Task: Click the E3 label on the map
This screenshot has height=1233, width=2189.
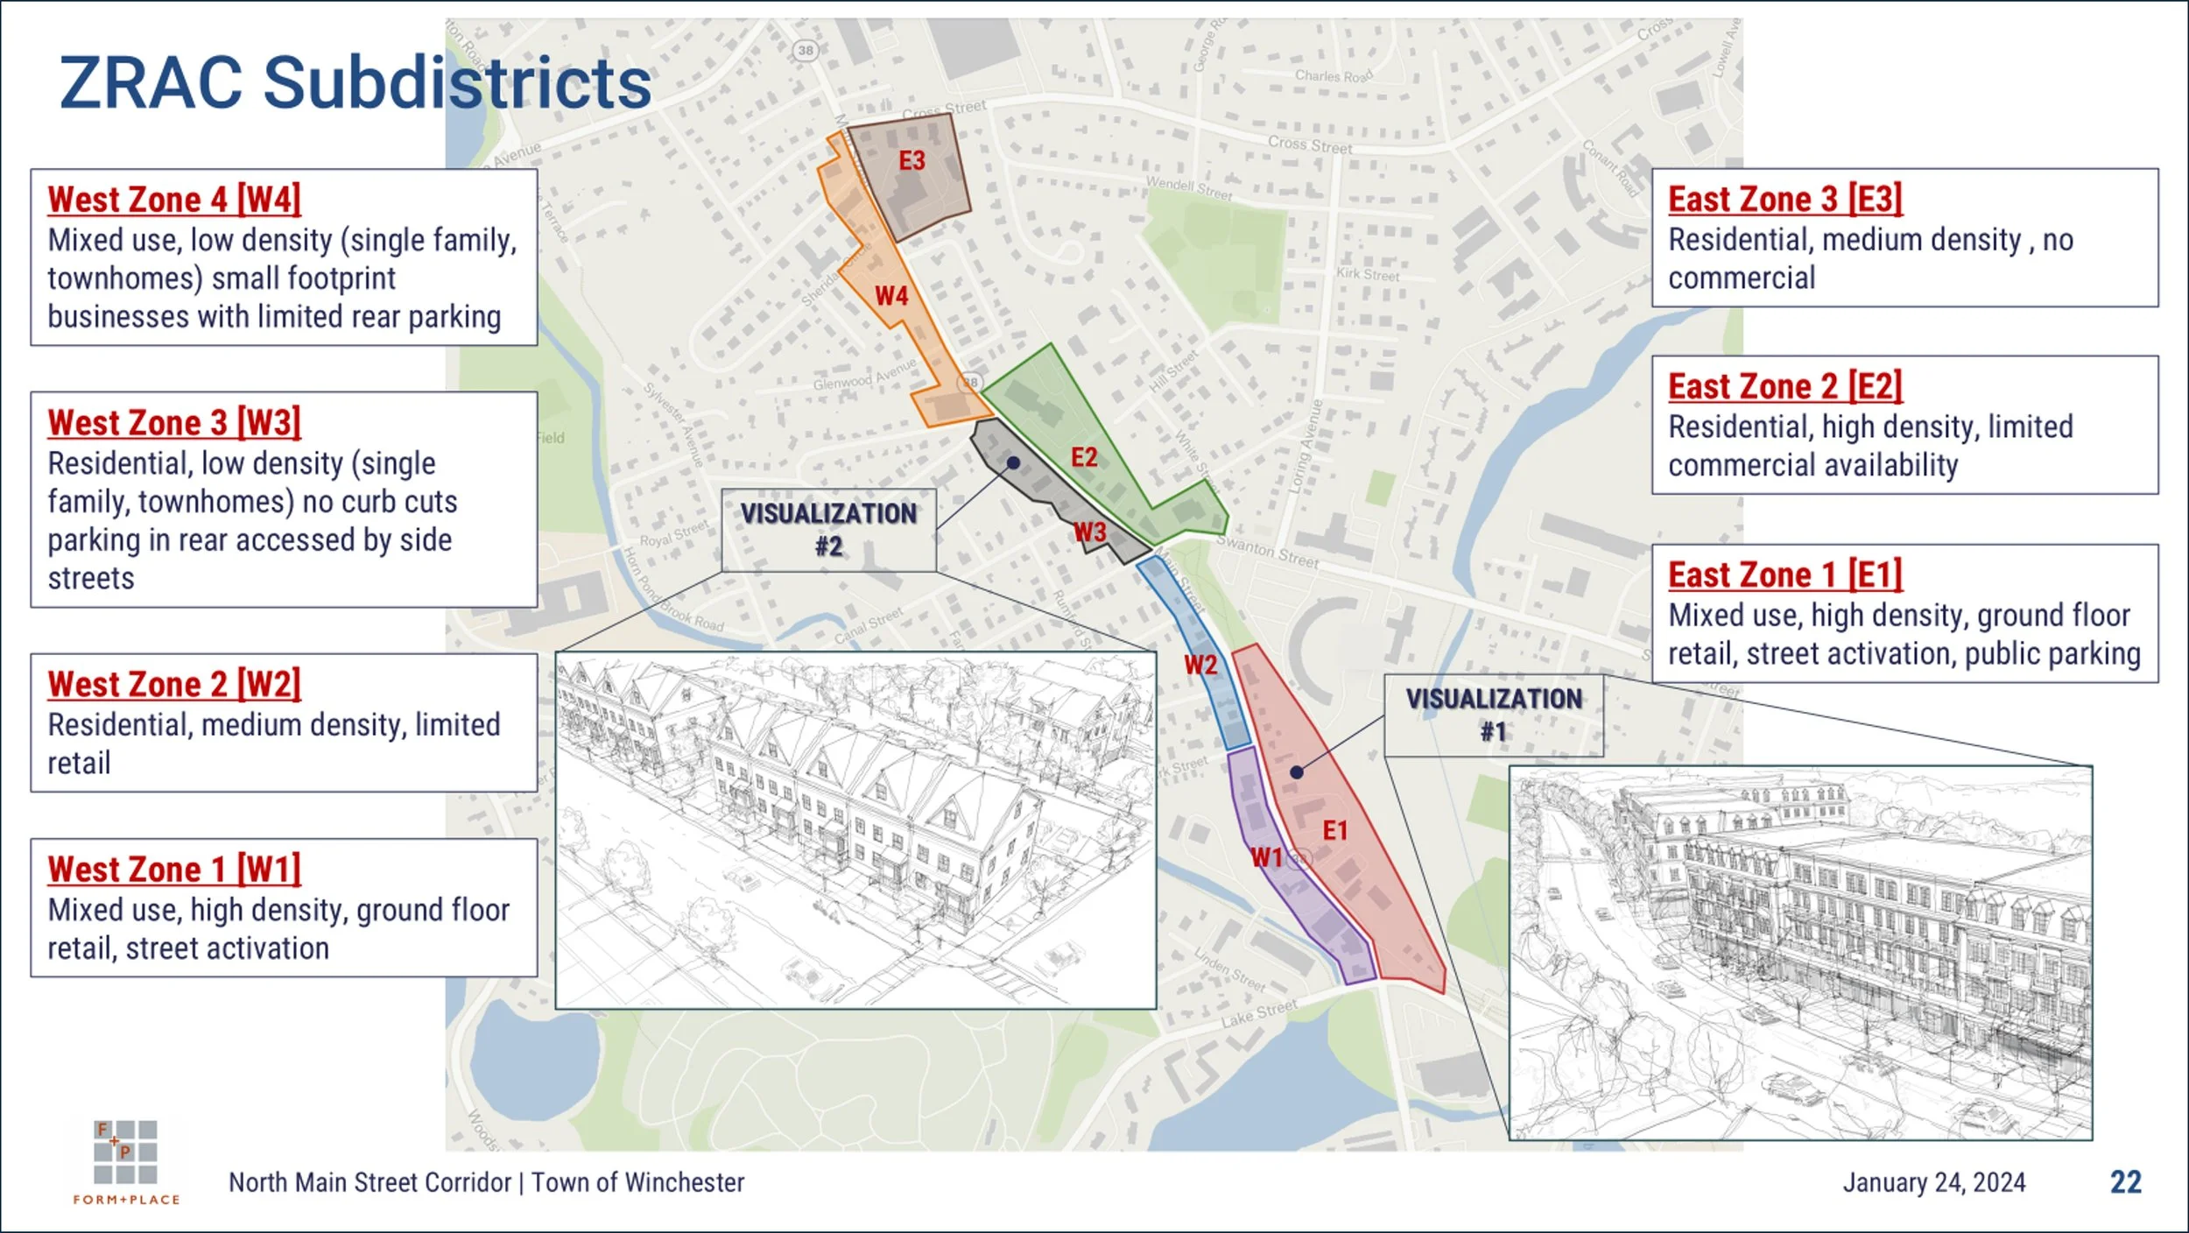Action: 911,161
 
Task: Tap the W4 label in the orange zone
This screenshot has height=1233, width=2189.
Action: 891,296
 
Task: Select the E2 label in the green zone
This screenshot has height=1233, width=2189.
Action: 1084,457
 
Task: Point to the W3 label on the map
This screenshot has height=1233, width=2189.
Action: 1090,532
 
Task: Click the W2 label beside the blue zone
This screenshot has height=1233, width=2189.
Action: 1200,666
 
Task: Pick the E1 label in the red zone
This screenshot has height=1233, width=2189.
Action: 1334,830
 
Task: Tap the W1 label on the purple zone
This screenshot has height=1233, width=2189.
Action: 1266,857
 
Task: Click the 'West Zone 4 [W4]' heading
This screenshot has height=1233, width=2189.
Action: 174,200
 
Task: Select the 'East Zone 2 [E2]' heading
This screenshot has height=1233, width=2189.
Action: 1784,386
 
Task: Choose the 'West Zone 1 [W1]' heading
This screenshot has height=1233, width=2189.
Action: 174,870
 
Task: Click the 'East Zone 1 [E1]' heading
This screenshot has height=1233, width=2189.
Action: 1784,575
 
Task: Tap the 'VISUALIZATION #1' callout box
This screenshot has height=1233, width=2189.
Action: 1494,715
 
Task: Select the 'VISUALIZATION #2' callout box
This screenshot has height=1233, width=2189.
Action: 828,530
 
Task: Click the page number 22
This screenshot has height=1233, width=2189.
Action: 2126,1182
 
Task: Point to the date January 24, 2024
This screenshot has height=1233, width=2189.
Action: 1934,1182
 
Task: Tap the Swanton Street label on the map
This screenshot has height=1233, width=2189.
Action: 1267,553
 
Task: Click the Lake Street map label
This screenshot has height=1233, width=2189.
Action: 1259,1013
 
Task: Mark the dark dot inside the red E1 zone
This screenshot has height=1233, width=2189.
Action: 1297,772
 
